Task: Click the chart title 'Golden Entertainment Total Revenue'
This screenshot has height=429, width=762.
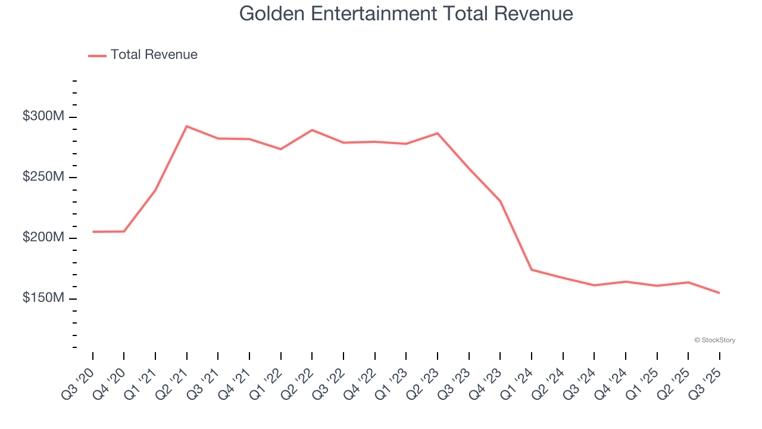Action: pos(406,14)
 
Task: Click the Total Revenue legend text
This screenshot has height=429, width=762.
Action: pos(154,55)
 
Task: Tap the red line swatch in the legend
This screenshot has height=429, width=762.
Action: pos(97,55)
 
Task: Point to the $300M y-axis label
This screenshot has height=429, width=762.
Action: pos(43,117)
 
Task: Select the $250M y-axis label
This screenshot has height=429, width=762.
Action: pos(43,178)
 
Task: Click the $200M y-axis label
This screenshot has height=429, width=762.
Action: pos(43,238)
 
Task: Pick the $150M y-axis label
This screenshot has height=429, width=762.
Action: pos(43,298)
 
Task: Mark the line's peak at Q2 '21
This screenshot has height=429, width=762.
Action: pos(187,126)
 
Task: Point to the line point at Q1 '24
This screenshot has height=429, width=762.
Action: pos(532,270)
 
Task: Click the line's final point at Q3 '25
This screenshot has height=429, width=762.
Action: pos(719,293)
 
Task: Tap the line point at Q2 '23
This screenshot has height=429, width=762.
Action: pos(438,133)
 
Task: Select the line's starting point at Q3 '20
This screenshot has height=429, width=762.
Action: pos(93,232)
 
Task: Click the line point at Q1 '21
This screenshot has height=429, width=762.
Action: pos(155,190)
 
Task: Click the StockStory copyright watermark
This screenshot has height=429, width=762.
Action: pos(714,340)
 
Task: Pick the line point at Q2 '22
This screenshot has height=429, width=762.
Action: pos(312,130)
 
